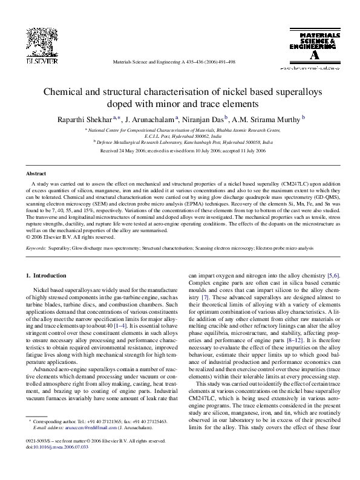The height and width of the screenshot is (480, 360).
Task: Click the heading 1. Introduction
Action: pyautogui.click(x=44, y=276)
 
